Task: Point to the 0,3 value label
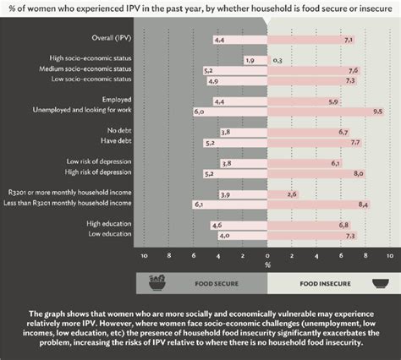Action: click(x=278, y=61)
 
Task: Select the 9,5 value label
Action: click(x=378, y=112)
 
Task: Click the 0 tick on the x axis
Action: click(x=267, y=254)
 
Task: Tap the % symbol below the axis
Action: click(x=267, y=264)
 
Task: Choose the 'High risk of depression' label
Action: click(x=102, y=172)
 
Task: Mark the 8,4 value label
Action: click(x=364, y=204)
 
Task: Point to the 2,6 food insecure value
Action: click(x=293, y=194)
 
